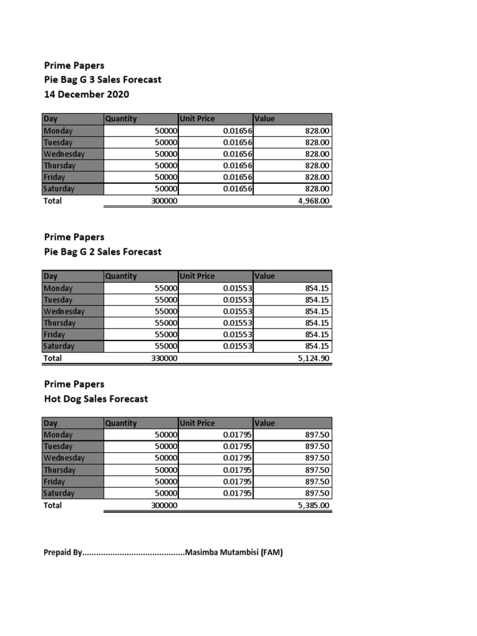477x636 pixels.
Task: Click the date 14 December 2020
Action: (86, 94)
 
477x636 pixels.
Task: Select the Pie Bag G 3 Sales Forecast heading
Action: (102, 79)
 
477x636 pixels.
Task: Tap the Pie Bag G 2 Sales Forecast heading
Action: (102, 252)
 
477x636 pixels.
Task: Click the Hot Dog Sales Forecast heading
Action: (96, 399)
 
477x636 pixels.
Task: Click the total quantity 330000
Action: (165, 358)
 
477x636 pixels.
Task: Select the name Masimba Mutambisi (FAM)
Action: (234, 552)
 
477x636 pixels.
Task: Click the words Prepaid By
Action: (63, 552)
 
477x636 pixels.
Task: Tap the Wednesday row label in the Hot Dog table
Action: (64, 458)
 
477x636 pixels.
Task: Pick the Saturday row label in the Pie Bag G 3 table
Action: (59, 189)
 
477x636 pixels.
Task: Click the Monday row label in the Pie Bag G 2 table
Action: (58, 288)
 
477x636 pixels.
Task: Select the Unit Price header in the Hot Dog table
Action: (197, 423)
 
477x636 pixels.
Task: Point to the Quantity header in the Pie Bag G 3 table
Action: (121, 119)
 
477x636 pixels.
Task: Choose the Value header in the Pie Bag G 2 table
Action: (265, 276)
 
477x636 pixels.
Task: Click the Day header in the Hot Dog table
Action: (50, 423)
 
